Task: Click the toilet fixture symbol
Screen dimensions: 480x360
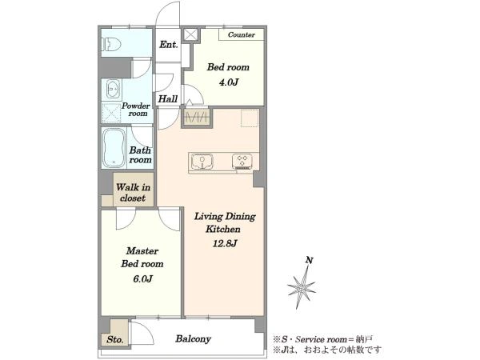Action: (112, 44)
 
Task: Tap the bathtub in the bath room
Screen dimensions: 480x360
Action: (114, 148)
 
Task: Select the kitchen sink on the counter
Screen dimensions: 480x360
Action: (202, 162)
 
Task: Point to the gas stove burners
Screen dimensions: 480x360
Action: (242, 162)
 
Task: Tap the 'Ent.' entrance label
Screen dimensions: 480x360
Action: (169, 45)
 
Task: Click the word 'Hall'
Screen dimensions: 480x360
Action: (168, 98)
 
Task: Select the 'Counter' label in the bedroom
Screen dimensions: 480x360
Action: (242, 34)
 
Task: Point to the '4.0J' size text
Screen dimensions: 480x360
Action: (228, 82)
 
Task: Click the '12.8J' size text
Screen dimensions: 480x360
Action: (225, 243)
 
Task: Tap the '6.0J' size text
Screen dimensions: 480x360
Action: (142, 278)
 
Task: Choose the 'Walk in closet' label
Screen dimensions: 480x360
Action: (133, 193)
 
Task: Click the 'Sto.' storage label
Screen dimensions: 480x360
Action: (115, 339)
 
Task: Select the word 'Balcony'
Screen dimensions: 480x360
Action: (193, 339)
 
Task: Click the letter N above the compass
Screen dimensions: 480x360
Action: (310, 260)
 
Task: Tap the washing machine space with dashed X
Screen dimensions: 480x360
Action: (111, 113)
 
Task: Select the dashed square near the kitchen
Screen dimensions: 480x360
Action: (250, 118)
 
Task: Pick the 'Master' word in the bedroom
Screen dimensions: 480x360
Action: (142, 250)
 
